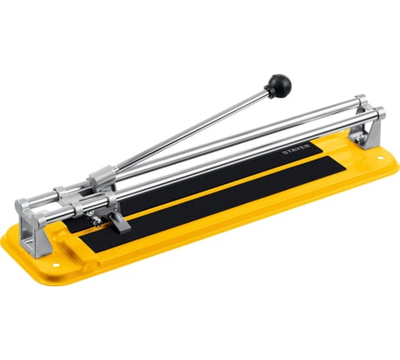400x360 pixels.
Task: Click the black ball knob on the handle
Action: [x=279, y=84]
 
